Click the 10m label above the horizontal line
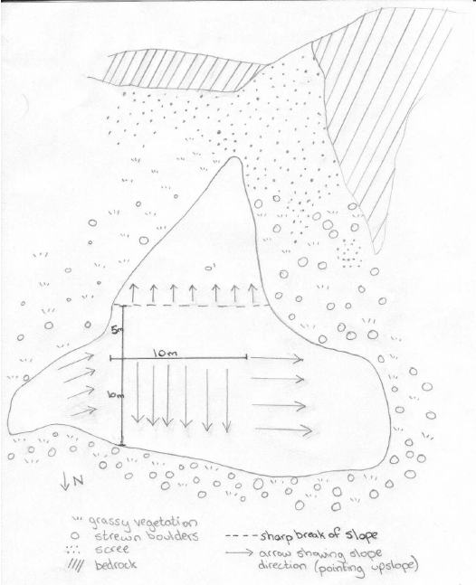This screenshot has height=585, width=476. point(164,350)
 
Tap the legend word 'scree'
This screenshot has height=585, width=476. point(104,547)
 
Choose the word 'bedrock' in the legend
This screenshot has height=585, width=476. point(111,561)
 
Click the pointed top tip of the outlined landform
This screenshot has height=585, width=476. point(234,160)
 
